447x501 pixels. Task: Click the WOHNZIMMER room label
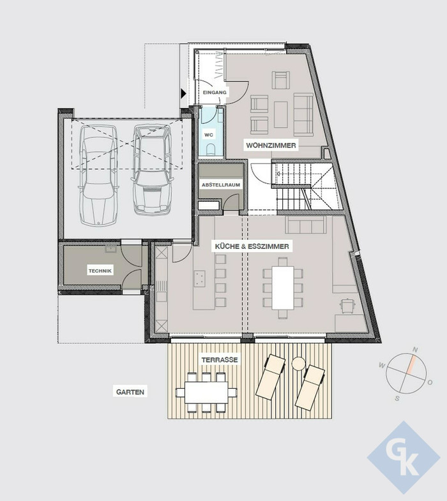point(271,146)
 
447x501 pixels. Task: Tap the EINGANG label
point(215,93)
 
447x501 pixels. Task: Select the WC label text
point(209,135)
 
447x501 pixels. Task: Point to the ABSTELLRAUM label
point(220,184)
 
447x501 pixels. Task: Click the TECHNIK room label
point(100,271)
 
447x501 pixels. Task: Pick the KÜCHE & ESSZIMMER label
point(252,246)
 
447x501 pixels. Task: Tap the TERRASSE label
point(220,360)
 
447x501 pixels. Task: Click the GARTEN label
point(130,392)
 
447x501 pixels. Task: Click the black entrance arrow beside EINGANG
point(183,93)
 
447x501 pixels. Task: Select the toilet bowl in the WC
point(211,149)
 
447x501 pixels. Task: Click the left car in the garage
point(99,174)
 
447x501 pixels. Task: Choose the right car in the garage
point(153,169)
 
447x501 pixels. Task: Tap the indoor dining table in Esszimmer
point(283,288)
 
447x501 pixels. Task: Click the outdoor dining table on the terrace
point(206,392)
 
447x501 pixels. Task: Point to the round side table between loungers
point(298,364)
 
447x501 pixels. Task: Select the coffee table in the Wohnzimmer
point(280,114)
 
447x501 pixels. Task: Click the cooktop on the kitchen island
point(200,278)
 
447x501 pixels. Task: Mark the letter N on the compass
point(415,350)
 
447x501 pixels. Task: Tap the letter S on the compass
point(397,398)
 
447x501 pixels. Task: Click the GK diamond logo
point(404,458)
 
